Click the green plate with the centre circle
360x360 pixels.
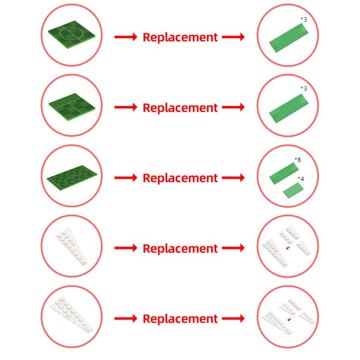[72, 35]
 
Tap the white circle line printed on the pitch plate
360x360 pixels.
[72, 33]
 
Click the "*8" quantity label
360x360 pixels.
[297, 160]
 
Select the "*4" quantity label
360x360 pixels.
[301, 179]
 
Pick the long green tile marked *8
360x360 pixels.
[284, 173]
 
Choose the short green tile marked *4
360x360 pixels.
[293, 190]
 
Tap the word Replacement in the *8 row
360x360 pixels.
[180, 178]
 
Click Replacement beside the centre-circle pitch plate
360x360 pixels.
[180, 37]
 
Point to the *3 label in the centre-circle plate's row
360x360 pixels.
[304, 19]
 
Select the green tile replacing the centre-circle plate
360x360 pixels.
[288, 38]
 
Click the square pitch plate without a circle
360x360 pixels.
[72, 107]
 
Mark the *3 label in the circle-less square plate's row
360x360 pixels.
[304, 88]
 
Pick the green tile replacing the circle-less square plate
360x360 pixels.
[288, 108]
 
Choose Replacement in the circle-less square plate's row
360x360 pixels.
[180, 108]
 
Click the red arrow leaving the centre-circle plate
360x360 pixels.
[126, 37]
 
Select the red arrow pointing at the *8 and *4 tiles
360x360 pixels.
[233, 178]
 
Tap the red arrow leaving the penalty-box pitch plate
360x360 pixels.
[126, 178]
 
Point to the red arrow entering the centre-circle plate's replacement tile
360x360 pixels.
[233, 37]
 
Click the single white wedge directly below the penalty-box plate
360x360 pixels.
[72, 246]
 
